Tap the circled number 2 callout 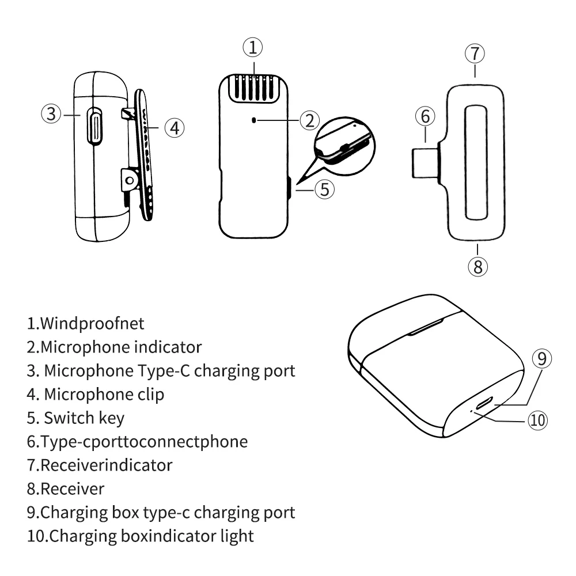309,120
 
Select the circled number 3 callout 52,113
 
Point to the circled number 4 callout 174,127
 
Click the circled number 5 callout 325,189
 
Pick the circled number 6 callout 425,117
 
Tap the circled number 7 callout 475,54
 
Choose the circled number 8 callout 478,266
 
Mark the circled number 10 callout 537,420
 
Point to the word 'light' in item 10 237,535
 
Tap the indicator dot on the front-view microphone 255,120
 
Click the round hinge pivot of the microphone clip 130,180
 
